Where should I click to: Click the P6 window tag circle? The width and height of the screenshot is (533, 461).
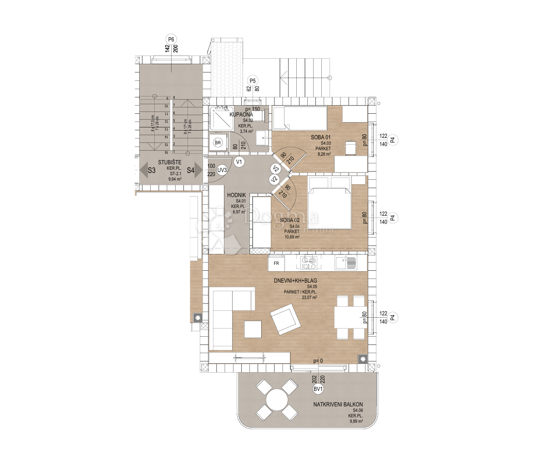(x=171, y=39)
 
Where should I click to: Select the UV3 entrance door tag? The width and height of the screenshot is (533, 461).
(x=222, y=170)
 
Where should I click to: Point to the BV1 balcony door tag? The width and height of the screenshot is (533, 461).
(x=318, y=389)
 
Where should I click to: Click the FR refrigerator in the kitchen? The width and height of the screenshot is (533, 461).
(x=276, y=263)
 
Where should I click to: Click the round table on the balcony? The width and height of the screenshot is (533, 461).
(x=277, y=400)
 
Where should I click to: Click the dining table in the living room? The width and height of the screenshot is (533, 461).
(x=350, y=317)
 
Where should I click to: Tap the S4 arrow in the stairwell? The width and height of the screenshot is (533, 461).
(x=195, y=171)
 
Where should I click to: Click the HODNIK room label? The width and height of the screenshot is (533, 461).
(x=237, y=195)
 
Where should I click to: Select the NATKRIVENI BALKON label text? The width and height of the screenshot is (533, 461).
(x=338, y=404)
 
